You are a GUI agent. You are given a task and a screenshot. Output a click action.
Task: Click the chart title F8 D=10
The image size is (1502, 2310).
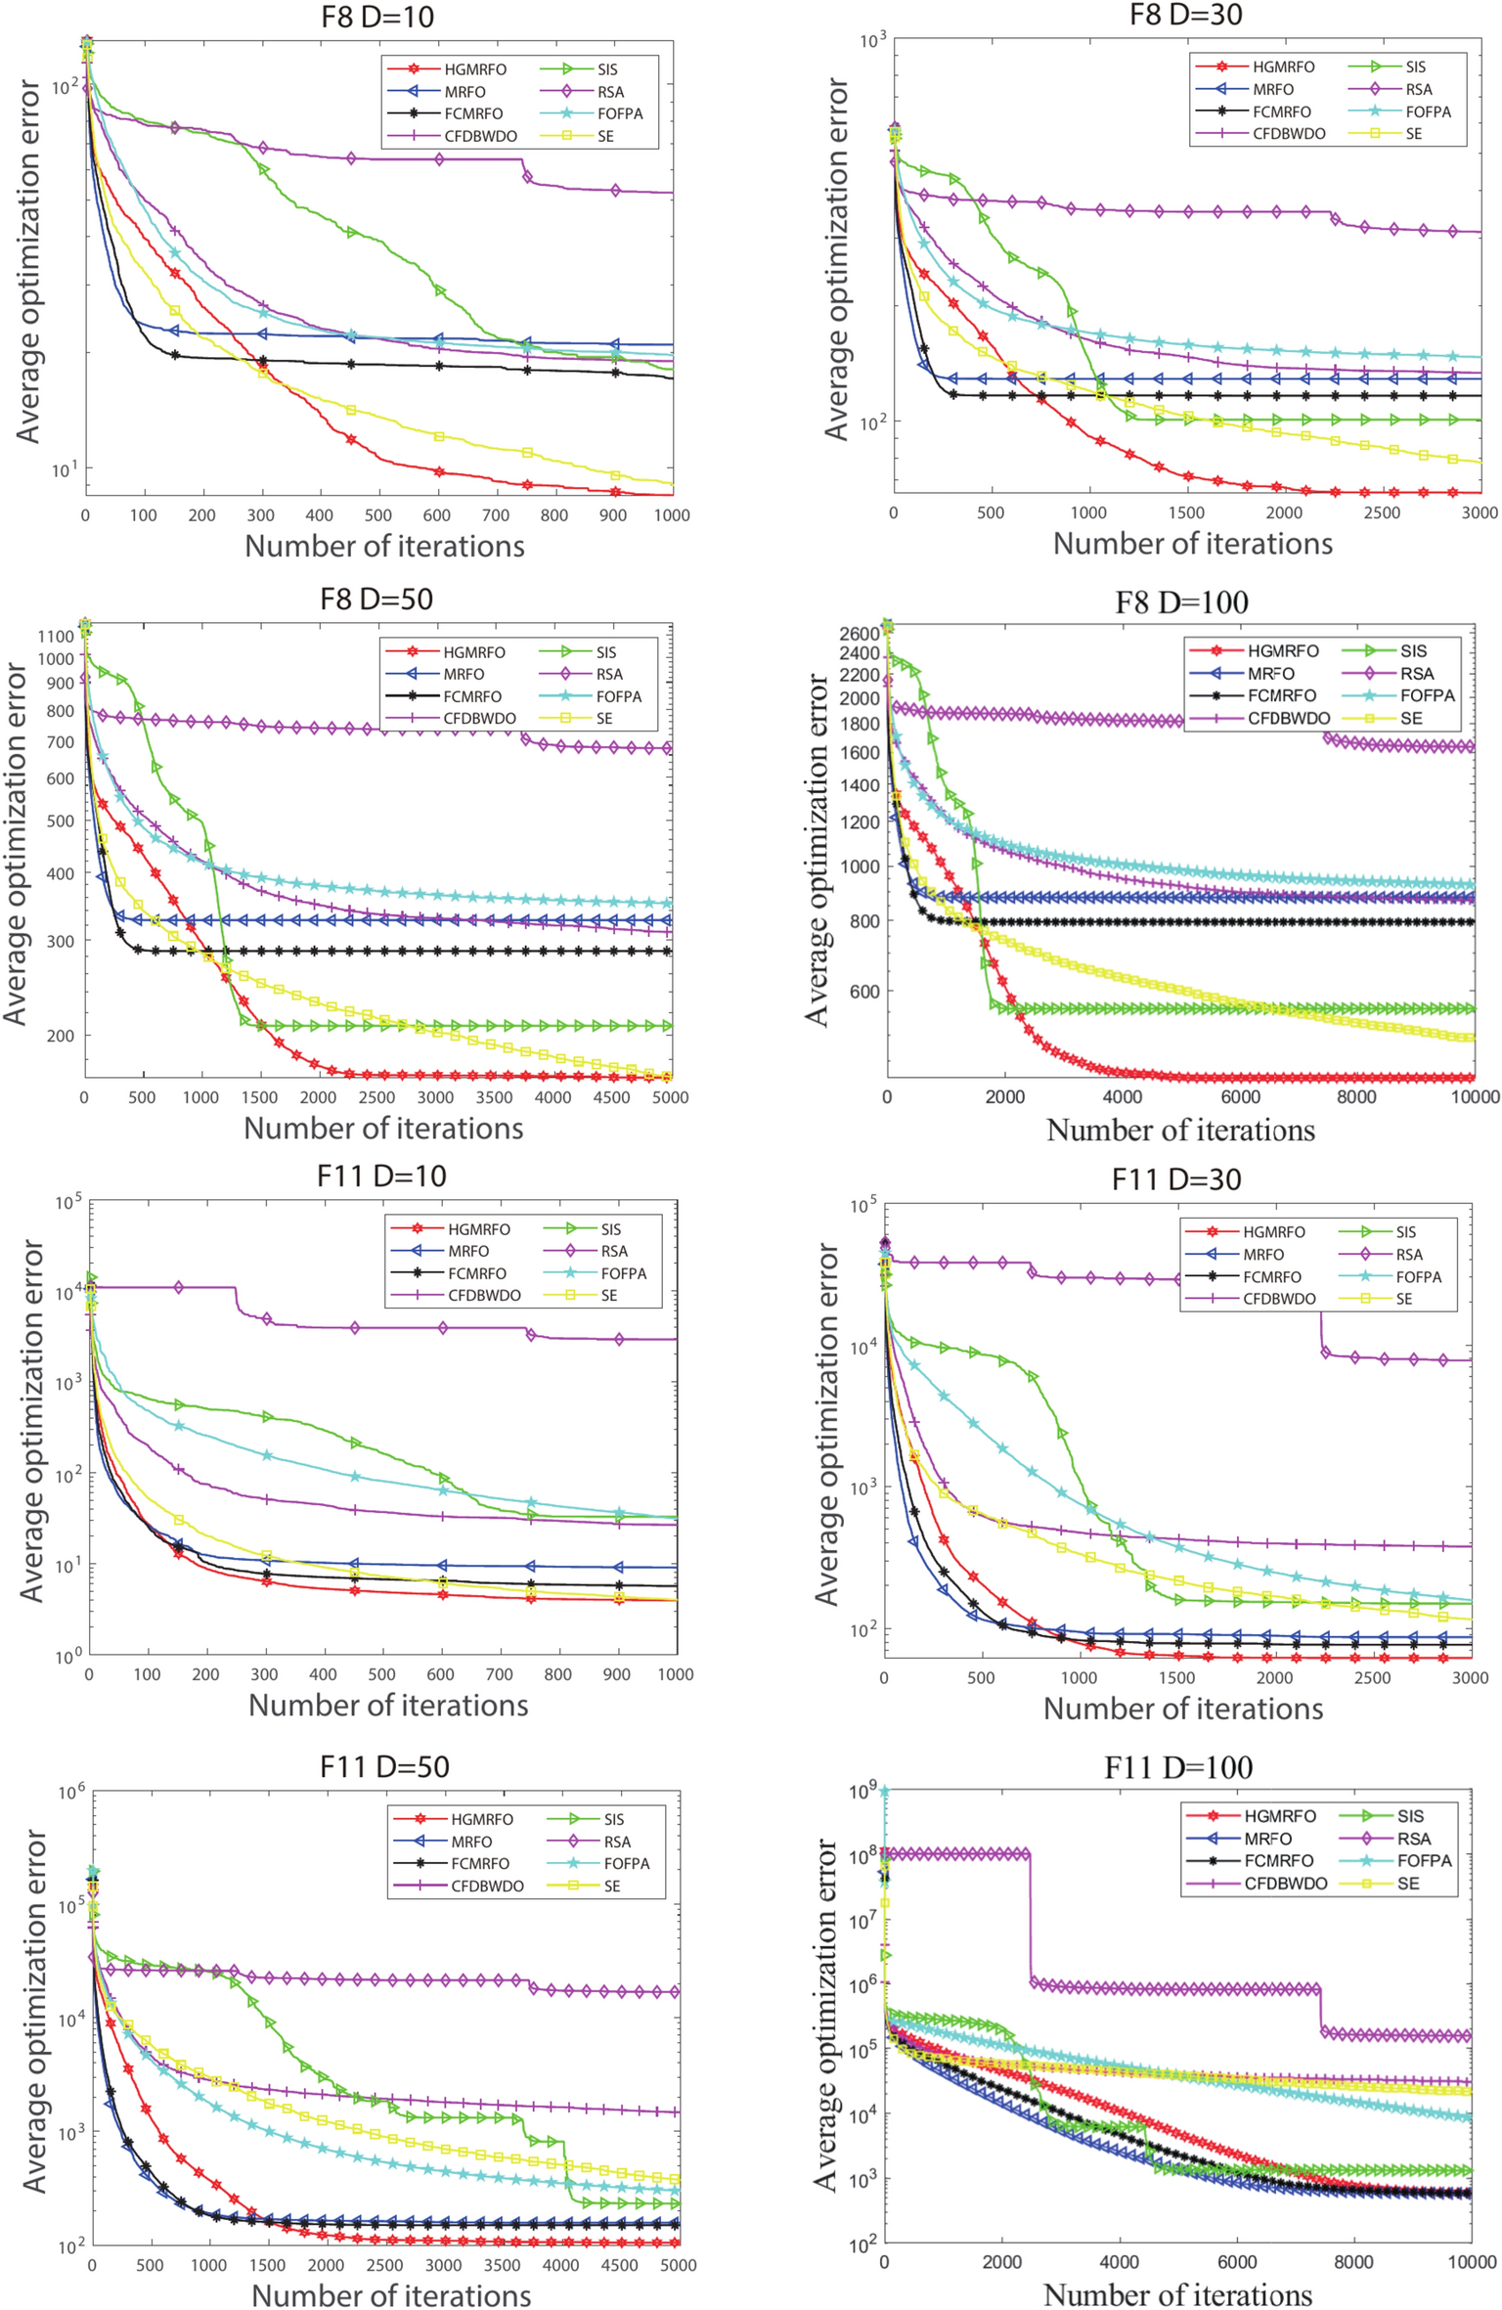(376, 17)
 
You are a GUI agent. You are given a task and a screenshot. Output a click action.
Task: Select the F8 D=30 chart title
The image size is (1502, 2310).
(1185, 15)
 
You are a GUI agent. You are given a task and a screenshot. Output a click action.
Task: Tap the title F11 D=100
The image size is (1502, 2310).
(1178, 1767)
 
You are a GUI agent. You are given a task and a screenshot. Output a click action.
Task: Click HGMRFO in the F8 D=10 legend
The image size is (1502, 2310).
(475, 69)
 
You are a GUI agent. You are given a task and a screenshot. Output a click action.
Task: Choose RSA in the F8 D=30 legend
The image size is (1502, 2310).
(1418, 89)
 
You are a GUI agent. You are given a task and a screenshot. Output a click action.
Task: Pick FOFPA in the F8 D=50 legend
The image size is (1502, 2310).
(619, 696)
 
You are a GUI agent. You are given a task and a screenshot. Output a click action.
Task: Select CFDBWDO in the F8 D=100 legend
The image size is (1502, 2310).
(1288, 718)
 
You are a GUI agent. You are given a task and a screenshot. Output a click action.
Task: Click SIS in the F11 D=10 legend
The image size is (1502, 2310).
(611, 1229)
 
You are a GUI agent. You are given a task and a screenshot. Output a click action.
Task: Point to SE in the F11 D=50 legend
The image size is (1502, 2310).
(612, 1886)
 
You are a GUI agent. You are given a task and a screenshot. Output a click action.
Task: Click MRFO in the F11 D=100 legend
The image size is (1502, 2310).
(1268, 1839)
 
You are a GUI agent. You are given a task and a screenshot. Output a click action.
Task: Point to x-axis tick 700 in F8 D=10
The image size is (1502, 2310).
(496, 515)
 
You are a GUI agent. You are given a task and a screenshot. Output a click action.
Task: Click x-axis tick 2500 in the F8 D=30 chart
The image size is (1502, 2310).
(1382, 512)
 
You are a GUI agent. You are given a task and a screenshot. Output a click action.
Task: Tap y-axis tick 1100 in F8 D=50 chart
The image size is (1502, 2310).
(57, 636)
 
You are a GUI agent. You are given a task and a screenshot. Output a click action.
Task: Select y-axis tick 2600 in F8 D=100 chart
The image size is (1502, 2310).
(860, 634)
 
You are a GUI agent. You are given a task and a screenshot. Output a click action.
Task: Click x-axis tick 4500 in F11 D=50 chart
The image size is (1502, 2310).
(620, 2265)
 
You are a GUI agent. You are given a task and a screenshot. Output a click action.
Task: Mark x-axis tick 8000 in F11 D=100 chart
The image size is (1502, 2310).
(1353, 2262)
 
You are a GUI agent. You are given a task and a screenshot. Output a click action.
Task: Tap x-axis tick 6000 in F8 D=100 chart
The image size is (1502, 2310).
(1240, 1096)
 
